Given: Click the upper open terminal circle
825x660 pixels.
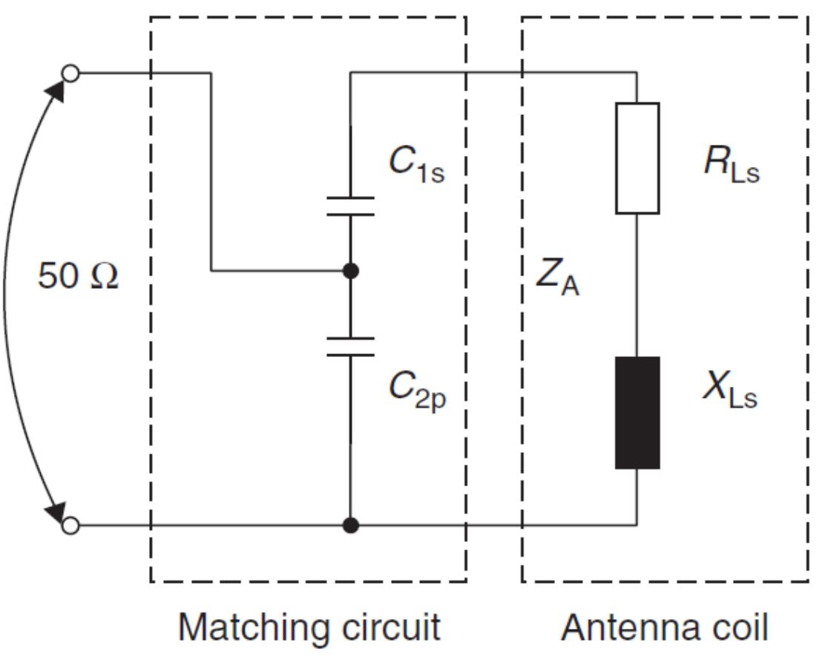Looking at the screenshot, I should (70, 73).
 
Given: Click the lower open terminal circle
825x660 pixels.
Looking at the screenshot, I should (70, 526).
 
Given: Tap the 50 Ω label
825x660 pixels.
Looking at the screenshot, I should (78, 278).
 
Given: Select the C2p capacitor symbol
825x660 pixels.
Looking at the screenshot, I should (351, 347).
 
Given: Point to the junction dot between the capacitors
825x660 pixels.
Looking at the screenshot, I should (351, 271).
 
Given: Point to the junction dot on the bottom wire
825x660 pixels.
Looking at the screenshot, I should (351, 526).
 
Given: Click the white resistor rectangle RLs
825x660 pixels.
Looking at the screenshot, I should (637, 158).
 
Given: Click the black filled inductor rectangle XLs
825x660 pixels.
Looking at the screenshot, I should (637, 413).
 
